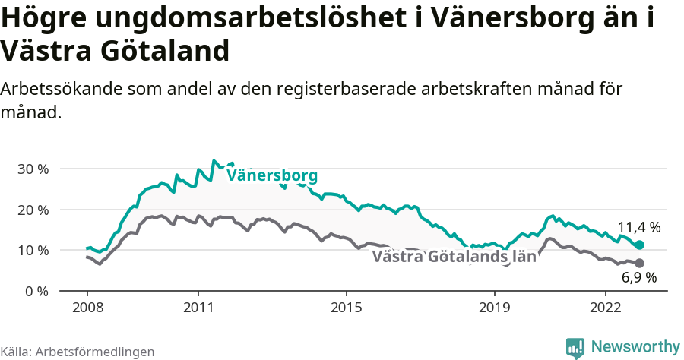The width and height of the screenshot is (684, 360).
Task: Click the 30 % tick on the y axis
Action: (x=33, y=169)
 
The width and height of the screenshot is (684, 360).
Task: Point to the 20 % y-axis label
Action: (x=33, y=210)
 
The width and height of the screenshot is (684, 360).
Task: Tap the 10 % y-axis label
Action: (x=33, y=251)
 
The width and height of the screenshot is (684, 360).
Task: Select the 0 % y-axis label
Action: (x=36, y=292)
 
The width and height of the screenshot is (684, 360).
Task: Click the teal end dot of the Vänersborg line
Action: (x=640, y=245)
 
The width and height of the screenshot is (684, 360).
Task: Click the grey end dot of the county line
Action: (x=639, y=263)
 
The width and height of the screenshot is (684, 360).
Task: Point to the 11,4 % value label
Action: (x=638, y=227)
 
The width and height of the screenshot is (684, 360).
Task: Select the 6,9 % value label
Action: (x=638, y=278)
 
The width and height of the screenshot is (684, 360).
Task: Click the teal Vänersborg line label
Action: (x=272, y=176)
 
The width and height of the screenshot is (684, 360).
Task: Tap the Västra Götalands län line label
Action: (x=454, y=257)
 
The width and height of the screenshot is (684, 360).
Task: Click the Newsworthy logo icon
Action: (x=575, y=347)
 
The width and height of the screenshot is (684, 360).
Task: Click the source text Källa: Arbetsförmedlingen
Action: (x=78, y=352)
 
